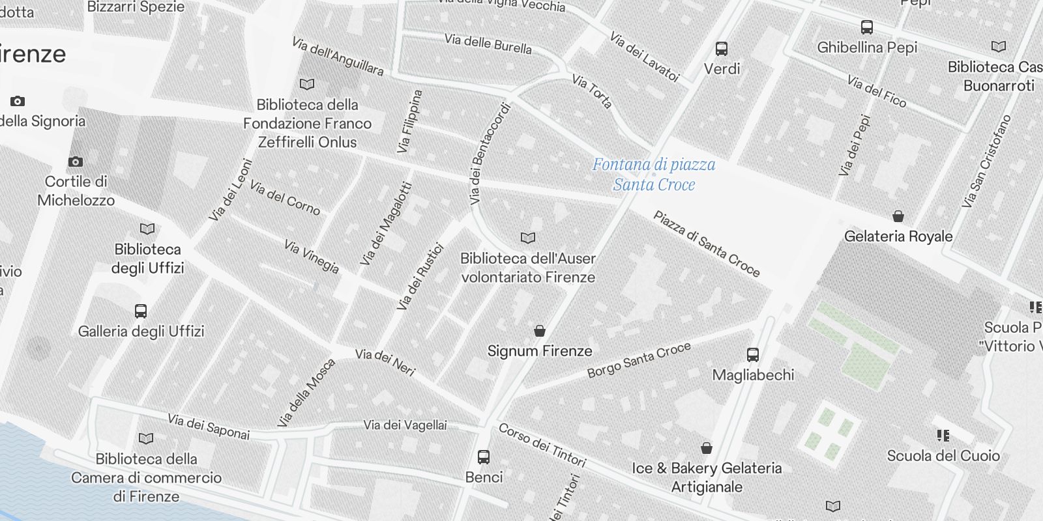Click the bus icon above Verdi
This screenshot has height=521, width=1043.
point(722,49)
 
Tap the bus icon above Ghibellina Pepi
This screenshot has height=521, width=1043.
point(867,27)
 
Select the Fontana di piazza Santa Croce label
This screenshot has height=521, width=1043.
point(653,175)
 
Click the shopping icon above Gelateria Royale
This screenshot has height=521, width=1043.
point(898,216)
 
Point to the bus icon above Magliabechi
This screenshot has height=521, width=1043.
point(753,355)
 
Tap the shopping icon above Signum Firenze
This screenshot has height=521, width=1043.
point(540,331)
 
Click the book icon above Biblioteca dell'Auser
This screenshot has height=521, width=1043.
point(528,238)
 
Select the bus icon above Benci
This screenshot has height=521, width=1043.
point(484,457)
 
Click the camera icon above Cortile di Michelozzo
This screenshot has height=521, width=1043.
point(76,162)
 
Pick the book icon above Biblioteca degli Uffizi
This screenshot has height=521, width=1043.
point(148,229)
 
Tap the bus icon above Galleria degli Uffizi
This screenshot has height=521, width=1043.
point(141,311)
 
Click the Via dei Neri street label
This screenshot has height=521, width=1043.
point(385,363)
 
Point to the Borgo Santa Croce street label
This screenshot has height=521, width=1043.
point(639,360)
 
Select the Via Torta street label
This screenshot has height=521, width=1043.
point(592,91)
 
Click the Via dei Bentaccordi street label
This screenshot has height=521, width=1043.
point(489,154)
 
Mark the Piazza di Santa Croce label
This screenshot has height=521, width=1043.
point(707,244)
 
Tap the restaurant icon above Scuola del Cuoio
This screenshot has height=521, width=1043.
point(943,435)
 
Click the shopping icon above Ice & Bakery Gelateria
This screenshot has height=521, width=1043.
point(707,448)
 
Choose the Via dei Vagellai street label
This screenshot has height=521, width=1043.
point(405,425)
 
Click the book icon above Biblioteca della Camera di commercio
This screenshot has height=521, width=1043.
point(147,439)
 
